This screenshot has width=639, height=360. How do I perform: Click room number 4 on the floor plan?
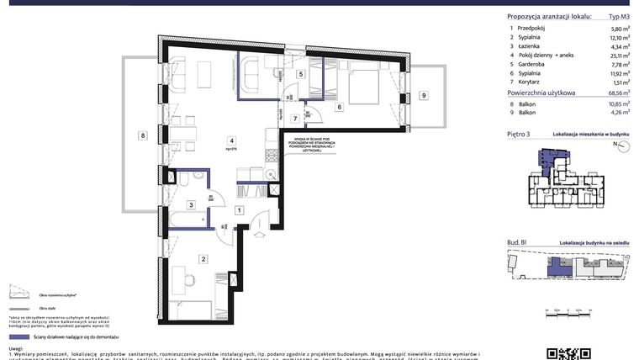pos(230,140)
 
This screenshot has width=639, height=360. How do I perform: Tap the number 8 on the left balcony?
pos(144,135)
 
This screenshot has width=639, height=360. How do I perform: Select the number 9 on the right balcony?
pos(424,96)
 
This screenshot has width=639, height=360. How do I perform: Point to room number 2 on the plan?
pos(203,259)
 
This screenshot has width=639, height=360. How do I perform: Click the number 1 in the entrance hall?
pos(240,210)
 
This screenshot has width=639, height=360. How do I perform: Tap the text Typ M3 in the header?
pos(618,17)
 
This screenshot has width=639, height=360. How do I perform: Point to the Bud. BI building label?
pos(517,242)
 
